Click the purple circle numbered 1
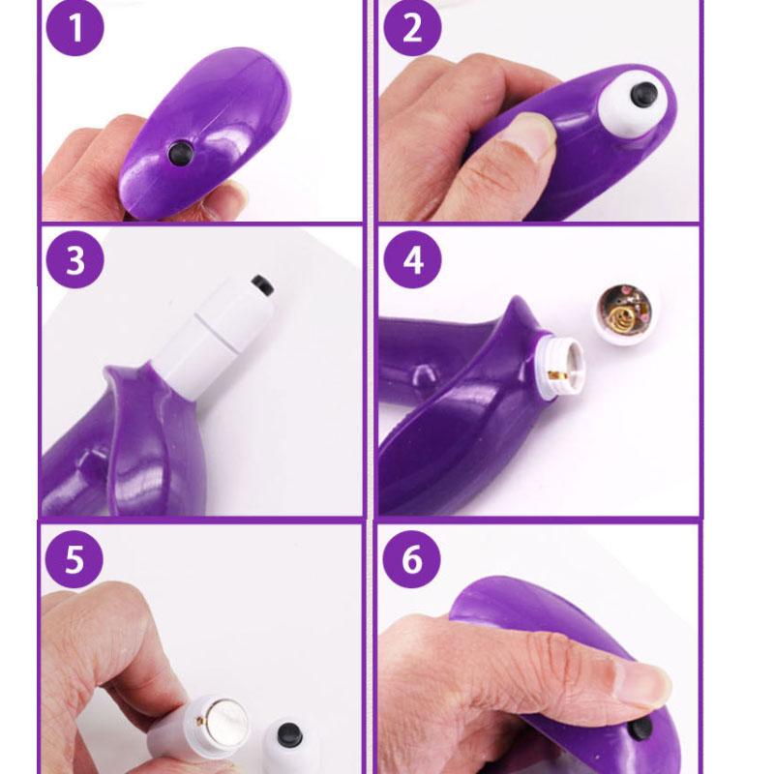click(75, 27)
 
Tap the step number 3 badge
click(75, 259)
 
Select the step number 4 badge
click(413, 259)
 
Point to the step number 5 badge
click(74, 559)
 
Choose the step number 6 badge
click(412, 559)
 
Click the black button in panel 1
click(180, 153)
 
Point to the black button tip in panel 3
click(262, 285)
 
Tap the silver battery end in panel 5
click(226, 724)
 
